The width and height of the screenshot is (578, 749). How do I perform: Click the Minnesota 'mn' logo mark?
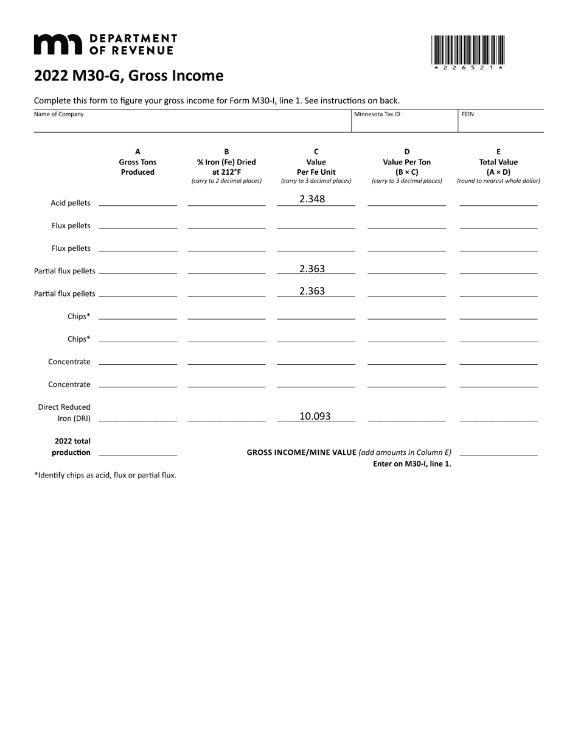point(58,44)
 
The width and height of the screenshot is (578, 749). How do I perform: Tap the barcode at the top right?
point(467,51)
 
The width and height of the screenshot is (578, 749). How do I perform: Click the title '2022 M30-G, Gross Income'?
point(128,76)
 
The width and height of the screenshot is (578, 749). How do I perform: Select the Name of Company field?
point(192,121)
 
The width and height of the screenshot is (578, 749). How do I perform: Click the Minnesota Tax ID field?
point(404,121)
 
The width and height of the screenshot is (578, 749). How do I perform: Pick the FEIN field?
point(500,121)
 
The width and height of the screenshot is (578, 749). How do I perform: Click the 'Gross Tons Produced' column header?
point(138,162)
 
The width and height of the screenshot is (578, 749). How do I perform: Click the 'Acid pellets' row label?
point(71,203)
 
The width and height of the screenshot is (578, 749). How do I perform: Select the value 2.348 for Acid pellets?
point(312,199)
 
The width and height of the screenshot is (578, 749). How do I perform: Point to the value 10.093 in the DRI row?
point(315,416)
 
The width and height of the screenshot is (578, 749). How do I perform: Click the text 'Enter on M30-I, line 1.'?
point(412,463)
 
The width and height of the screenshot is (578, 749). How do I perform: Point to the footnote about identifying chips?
point(105,475)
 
